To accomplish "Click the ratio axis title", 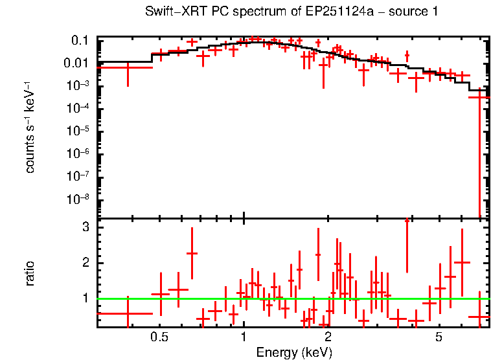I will [30, 274].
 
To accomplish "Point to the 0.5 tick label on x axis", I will [159, 338].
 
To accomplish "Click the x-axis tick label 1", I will [244, 338].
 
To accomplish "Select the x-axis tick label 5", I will [439, 338].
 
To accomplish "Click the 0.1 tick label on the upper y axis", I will [79, 40].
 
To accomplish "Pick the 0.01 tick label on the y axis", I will [76, 63].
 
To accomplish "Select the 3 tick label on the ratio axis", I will [84, 227].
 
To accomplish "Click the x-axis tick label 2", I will [328, 338].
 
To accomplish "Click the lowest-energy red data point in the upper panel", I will [128, 67].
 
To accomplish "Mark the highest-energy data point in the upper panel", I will [479, 97].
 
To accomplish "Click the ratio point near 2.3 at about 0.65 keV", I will [192, 253].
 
